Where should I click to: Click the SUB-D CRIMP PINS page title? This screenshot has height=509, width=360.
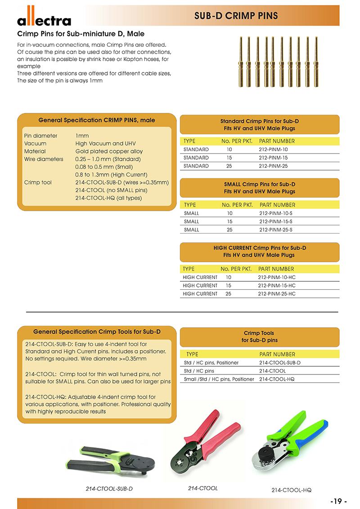click(x=236, y=16)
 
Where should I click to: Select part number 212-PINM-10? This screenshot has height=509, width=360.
click(x=273, y=149)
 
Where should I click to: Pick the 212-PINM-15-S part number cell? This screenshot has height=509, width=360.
click(x=275, y=221)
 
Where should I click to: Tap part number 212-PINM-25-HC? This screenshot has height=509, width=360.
click(x=276, y=293)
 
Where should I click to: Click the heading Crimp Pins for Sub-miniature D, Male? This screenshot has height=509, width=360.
click(x=81, y=34)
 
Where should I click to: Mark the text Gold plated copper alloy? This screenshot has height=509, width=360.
click(x=109, y=151)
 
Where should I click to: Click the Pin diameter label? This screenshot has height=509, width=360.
click(x=41, y=135)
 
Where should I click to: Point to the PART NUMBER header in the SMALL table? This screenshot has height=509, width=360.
click(x=277, y=205)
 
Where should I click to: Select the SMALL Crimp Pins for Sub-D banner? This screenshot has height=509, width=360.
click(x=259, y=188)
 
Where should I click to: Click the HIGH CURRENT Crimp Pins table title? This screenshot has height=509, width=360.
click(x=259, y=251)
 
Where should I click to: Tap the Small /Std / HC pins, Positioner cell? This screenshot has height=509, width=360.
click(x=219, y=379)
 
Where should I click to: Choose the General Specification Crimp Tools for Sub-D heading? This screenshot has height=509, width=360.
click(x=97, y=332)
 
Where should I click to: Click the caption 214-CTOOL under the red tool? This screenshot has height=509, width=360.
click(x=202, y=488)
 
